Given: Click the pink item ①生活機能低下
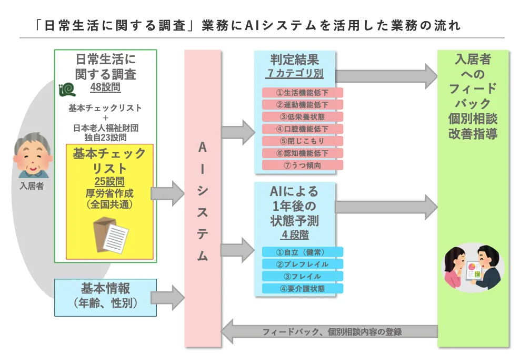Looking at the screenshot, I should click(303, 92).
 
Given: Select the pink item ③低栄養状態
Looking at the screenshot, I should click(303, 116).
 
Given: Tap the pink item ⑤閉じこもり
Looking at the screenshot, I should click(303, 141).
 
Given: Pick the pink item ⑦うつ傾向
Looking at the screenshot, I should click(303, 165).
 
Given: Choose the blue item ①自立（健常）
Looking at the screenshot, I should click(303, 252).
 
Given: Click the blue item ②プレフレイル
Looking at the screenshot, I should click(303, 264).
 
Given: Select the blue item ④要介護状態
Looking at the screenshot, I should click(303, 288).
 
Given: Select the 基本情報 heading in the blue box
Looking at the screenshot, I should click(105, 289).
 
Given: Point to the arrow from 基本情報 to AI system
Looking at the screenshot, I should click(171, 298).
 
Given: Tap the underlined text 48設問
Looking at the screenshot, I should click(105, 87).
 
